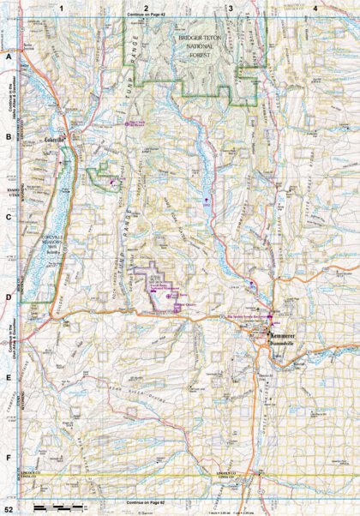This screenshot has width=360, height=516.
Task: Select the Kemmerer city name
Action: coord(285,333)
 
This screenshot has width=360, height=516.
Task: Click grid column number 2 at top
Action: coord(147,8)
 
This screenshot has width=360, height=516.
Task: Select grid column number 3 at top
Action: coord(231,8)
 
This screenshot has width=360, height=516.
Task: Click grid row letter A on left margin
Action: coord(9,56)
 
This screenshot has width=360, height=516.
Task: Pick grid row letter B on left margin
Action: coord(9,136)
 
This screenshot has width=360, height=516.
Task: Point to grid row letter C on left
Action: coord(9,217)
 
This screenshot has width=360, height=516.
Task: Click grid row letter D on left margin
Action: coord(9,297)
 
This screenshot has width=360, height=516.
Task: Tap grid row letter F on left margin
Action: coord(9,458)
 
